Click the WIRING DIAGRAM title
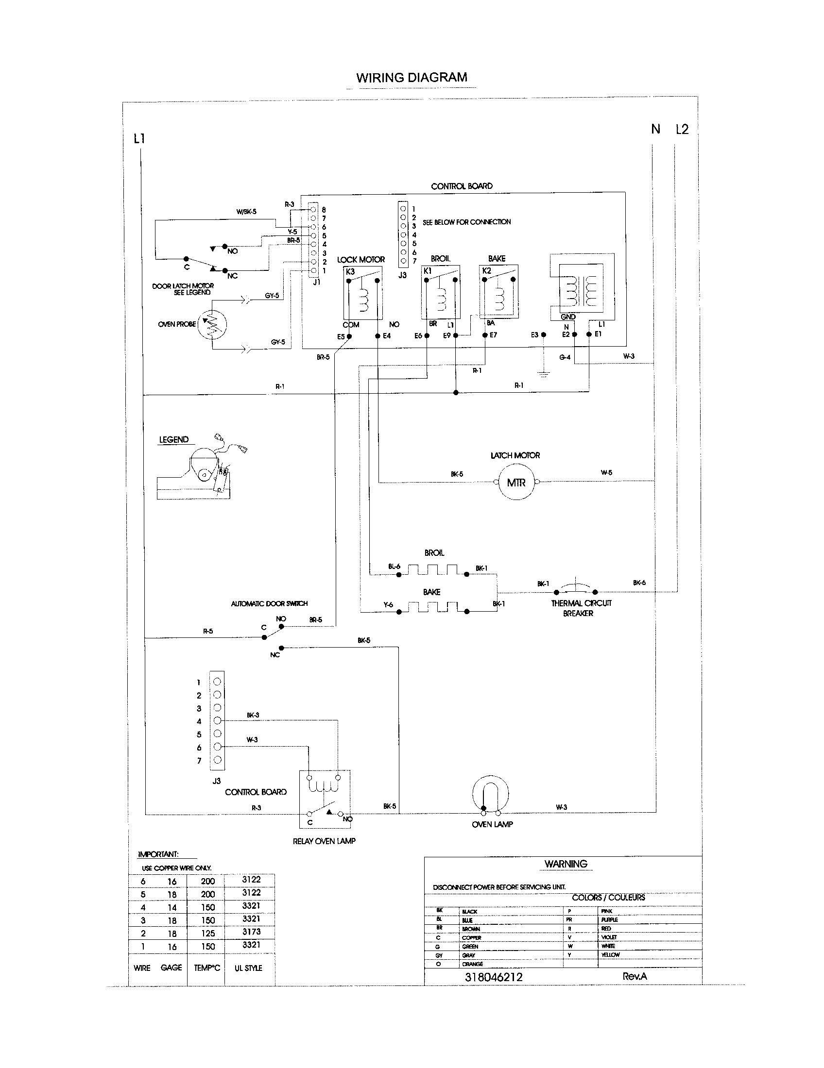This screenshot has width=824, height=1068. click(x=412, y=77)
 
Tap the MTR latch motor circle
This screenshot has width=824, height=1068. click(x=516, y=483)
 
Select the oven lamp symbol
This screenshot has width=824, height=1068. click(x=490, y=793)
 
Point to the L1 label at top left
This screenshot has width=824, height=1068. click(x=139, y=139)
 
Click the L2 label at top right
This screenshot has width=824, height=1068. click(x=682, y=129)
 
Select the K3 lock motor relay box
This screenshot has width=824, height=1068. click(x=362, y=293)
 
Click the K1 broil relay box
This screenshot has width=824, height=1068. click(x=440, y=292)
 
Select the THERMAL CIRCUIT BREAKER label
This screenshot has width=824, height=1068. click(x=581, y=608)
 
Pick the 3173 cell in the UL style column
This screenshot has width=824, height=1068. click(x=251, y=932)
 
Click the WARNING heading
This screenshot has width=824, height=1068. click(x=566, y=864)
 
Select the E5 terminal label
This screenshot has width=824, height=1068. click(x=341, y=336)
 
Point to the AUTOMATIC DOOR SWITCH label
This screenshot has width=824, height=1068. click(x=269, y=603)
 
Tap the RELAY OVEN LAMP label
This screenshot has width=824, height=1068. click(x=324, y=841)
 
